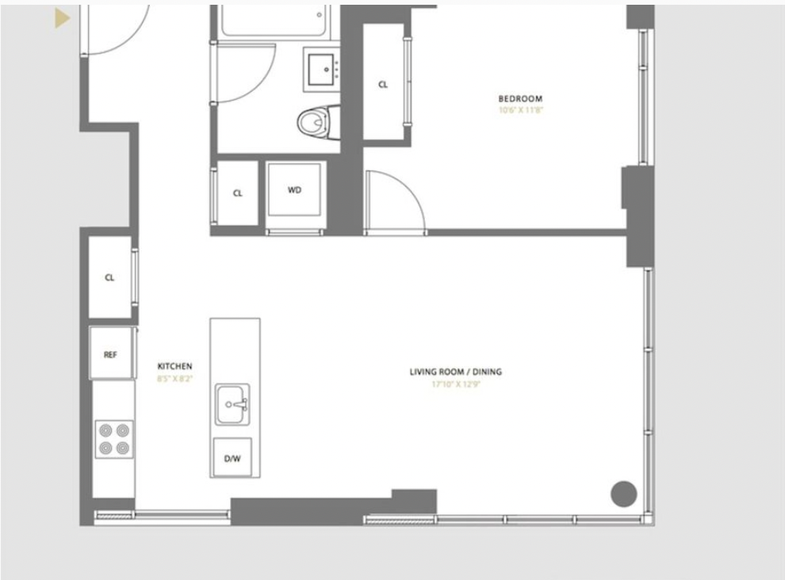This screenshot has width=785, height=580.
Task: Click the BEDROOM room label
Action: click(x=520, y=99)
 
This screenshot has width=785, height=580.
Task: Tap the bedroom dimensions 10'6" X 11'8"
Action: click(x=520, y=110)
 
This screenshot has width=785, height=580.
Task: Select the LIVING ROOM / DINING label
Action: click(x=455, y=372)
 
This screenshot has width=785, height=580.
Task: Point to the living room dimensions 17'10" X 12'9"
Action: click(x=456, y=384)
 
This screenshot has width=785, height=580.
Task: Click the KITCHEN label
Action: click(x=174, y=367)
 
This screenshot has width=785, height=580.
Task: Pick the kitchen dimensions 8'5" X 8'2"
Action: click(x=174, y=379)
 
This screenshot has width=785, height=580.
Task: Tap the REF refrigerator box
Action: click(x=110, y=354)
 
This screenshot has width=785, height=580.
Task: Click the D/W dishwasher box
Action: click(x=232, y=458)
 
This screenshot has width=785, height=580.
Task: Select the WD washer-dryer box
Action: click(x=295, y=190)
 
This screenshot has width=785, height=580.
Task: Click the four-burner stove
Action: click(x=113, y=439)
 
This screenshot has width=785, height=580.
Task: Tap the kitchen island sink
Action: click(x=233, y=404)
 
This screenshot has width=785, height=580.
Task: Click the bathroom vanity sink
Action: click(x=323, y=70)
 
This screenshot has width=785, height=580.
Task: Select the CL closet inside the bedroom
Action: click(x=383, y=85)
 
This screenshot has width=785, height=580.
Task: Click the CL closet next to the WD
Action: click(x=238, y=193)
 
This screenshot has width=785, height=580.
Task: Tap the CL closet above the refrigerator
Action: click(x=109, y=278)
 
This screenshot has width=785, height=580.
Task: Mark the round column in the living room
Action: click(x=624, y=494)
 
